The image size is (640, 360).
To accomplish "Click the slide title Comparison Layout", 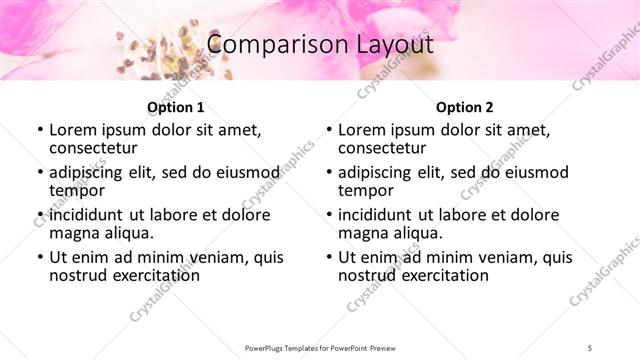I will [x=320, y=45].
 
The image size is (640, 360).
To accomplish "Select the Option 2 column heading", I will [x=464, y=107].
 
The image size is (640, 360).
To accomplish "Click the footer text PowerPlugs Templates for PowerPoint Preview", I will [x=320, y=347].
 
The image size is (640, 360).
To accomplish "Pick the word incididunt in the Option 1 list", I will [x=87, y=215].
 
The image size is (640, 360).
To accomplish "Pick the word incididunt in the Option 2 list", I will [x=376, y=215].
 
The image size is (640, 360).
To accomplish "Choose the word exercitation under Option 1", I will [x=150, y=275].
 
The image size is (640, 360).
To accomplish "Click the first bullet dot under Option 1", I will [x=39, y=130].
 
